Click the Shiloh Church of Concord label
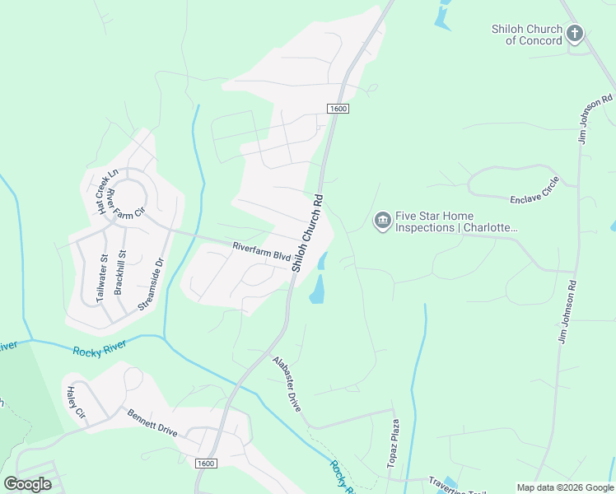pos(527,35)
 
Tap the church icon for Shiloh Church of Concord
pos(574,35)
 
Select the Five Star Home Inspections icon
pos(382,221)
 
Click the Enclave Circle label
pos(534,189)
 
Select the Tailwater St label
pos(103,277)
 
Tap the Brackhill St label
pos(120,272)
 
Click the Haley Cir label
pos(76,402)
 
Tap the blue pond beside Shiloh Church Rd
pos(316,287)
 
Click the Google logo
pos(27,483)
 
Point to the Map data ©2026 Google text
pos(564,487)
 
